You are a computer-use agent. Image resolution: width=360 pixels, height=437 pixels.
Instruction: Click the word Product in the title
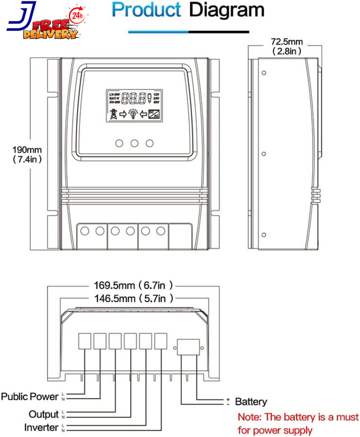(x=146, y=10)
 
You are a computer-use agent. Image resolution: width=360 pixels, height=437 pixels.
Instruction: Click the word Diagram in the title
(x=226, y=10)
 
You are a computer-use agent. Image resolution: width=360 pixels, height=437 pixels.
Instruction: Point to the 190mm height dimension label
(x=27, y=154)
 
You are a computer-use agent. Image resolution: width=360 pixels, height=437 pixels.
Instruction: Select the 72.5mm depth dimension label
(x=287, y=46)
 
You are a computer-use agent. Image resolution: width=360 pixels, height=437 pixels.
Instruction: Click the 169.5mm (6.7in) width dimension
(x=133, y=285)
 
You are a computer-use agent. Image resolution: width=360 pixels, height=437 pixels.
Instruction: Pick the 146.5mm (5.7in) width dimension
(x=133, y=298)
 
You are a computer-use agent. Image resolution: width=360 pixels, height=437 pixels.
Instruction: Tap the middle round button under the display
(x=134, y=143)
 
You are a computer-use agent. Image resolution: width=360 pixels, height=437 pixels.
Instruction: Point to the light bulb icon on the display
(x=133, y=114)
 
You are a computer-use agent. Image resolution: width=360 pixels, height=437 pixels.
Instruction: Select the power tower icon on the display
(x=112, y=114)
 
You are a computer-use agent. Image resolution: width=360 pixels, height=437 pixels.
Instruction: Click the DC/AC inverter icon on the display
(x=154, y=114)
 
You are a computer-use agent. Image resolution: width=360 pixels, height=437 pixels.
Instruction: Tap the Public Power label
(x=30, y=397)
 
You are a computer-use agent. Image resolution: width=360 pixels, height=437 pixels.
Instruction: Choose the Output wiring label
(x=44, y=414)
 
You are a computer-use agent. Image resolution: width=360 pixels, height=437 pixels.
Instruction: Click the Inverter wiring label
(x=41, y=428)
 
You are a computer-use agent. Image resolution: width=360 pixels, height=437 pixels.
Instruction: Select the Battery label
(x=251, y=402)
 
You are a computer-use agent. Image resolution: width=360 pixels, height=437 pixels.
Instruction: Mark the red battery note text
(x=298, y=424)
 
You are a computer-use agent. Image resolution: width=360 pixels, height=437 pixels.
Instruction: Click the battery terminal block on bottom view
(x=189, y=348)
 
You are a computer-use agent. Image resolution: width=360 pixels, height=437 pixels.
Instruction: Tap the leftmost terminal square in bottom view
(x=85, y=341)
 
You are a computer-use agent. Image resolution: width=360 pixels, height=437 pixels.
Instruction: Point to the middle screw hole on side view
(x=264, y=153)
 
